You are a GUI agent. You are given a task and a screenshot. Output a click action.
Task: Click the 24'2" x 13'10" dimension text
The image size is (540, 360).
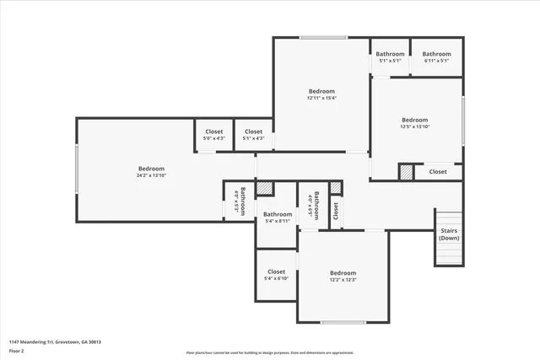150,176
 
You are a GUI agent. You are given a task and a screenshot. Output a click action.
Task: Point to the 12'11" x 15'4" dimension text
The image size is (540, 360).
321,99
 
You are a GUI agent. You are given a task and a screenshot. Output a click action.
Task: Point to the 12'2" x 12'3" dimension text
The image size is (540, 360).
343,280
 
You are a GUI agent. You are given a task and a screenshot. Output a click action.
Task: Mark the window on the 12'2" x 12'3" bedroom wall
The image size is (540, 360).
343,322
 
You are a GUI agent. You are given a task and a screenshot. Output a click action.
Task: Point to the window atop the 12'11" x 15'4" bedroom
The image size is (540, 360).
323,37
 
